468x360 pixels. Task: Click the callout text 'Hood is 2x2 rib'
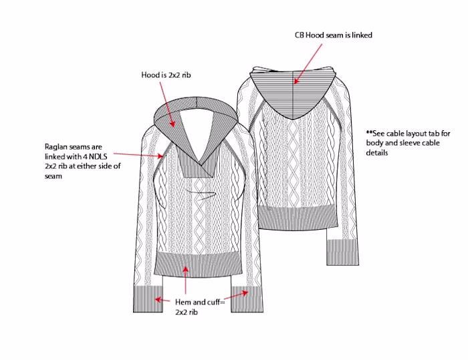click(166, 75)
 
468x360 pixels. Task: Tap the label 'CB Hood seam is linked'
click(334, 35)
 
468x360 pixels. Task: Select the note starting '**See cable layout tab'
click(408, 143)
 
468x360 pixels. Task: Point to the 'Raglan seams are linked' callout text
click(83, 161)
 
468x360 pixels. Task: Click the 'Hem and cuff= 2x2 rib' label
click(200, 307)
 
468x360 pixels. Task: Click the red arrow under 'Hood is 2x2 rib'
click(167, 104)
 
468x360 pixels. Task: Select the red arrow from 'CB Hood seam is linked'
click(308, 64)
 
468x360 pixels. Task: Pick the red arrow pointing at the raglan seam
click(138, 154)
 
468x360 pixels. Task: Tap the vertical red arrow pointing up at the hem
click(186, 281)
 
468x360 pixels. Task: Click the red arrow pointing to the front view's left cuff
click(162, 300)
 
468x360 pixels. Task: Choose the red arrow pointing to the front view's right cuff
click(236, 295)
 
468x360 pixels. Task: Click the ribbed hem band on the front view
click(198, 264)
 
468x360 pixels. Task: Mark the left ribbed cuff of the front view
click(148, 299)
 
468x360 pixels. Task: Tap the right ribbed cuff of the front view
click(247, 299)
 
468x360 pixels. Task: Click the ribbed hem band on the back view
click(298, 218)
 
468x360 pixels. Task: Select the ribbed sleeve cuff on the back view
click(342, 252)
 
